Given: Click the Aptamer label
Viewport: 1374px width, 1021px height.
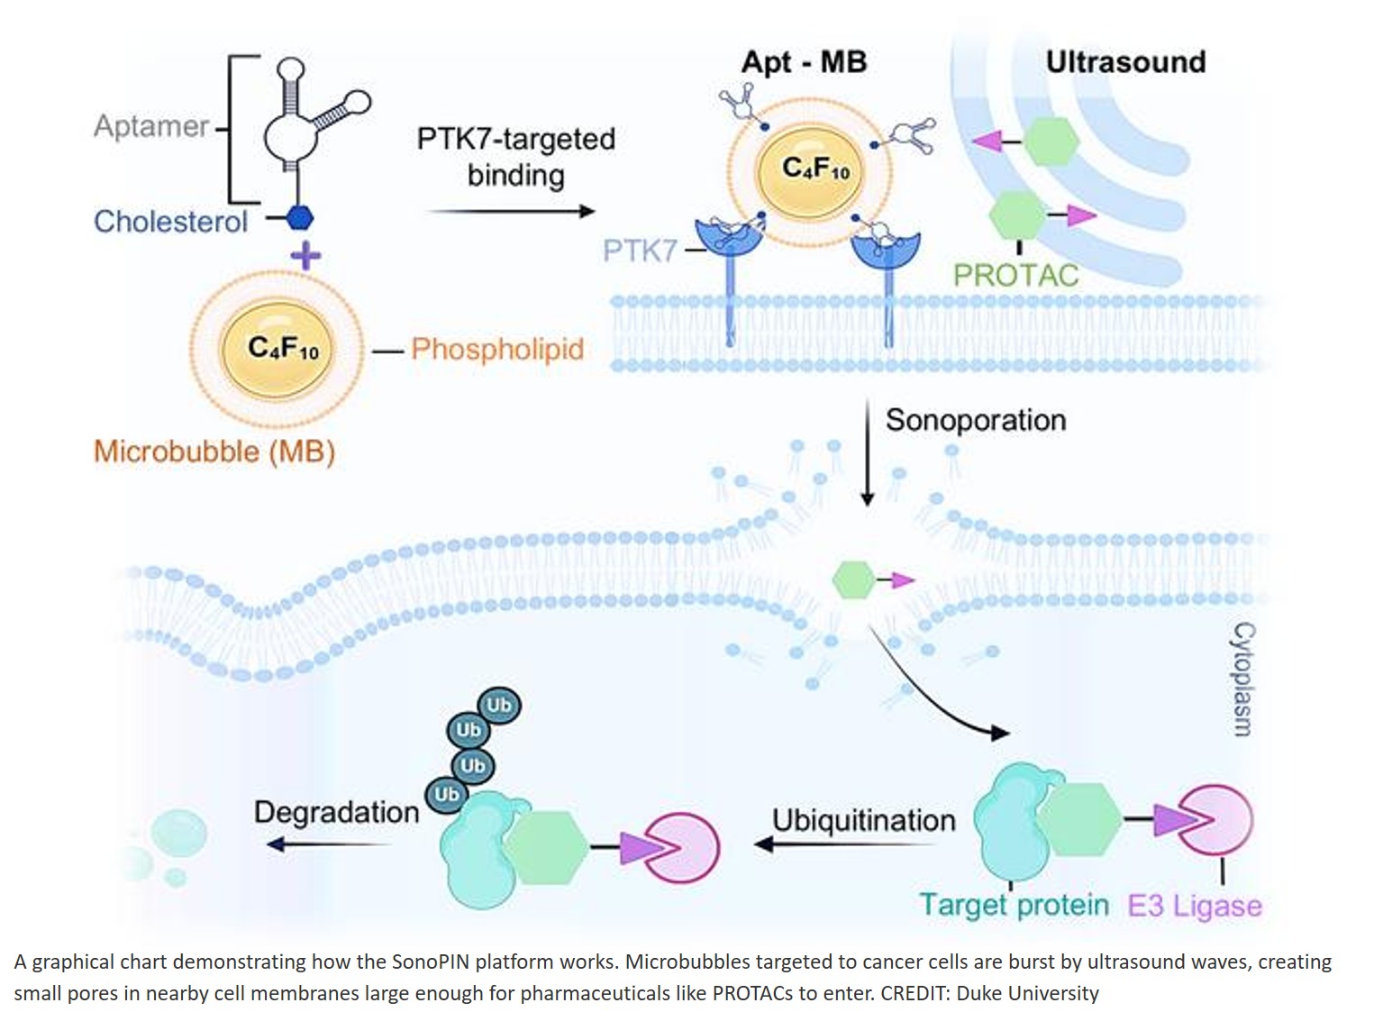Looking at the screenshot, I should tap(151, 126).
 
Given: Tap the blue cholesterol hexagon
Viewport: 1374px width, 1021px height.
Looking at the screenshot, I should tap(299, 218).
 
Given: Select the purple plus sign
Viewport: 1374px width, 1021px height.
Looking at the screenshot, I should tap(305, 256).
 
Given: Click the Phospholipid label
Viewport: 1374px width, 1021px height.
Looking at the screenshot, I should tap(497, 349).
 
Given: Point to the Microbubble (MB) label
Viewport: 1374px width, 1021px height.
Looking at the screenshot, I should tap(214, 451).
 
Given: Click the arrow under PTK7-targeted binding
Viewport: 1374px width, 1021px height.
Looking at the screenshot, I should tap(510, 211).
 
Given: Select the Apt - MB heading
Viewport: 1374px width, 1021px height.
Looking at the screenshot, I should tap(804, 61).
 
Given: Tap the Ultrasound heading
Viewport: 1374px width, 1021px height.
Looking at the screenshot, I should tap(1125, 61).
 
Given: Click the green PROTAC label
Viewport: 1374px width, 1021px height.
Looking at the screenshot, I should tap(1015, 274).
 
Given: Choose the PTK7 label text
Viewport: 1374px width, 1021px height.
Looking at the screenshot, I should tap(639, 250).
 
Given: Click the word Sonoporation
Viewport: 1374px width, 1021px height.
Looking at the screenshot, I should tap(976, 420).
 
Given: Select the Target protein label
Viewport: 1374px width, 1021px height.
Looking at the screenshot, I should tap(1014, 904).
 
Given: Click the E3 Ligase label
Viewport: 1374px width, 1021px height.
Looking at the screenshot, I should tap(1195, 905).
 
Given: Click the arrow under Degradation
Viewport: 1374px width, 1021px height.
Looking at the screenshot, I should tap(330, 844).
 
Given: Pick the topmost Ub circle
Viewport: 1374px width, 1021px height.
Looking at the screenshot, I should tap(498, 705).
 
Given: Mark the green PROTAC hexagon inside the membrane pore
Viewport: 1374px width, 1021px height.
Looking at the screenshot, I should tap(852, 579).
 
